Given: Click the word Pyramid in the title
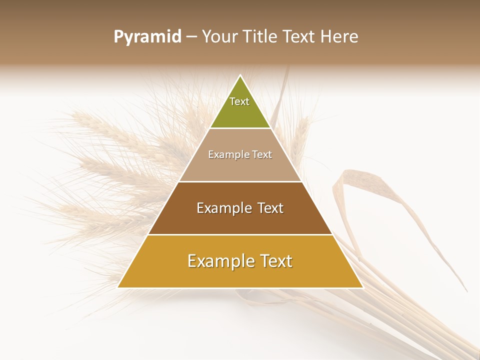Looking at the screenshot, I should click(147, 37).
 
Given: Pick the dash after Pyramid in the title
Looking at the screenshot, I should click(191, 37).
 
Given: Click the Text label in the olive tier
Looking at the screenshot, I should click(239, 101).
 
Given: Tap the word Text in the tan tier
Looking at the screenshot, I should click(262, 154).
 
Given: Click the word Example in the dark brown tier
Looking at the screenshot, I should click(223, 208).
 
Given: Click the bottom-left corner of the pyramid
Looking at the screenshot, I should click(118, 287).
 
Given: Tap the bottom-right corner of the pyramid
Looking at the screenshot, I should click(363, 287).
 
